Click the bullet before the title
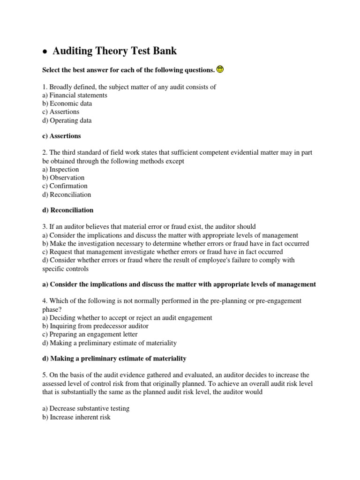point(45,52)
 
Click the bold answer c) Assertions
point(61,136)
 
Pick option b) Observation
point(63,178)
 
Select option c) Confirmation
point(65,186)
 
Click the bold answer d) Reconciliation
point(68,210)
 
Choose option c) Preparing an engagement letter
point(90,335)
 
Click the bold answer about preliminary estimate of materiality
point(114,359)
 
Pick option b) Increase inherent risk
point(76,417)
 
